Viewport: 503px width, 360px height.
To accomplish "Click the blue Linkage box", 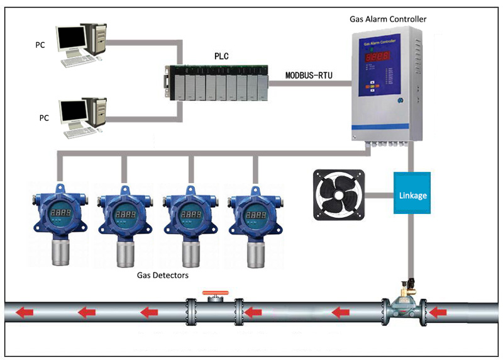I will point(412,195).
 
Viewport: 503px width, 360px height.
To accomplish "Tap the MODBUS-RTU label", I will point(309,75).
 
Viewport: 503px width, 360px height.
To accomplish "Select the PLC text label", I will point(221,56).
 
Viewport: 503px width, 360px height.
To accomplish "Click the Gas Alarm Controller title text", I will point(388,19).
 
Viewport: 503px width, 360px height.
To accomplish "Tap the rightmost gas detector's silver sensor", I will point(255,252).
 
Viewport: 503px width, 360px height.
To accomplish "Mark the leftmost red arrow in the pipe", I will point(24,312).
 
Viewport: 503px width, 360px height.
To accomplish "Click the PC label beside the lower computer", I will point(44,117).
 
